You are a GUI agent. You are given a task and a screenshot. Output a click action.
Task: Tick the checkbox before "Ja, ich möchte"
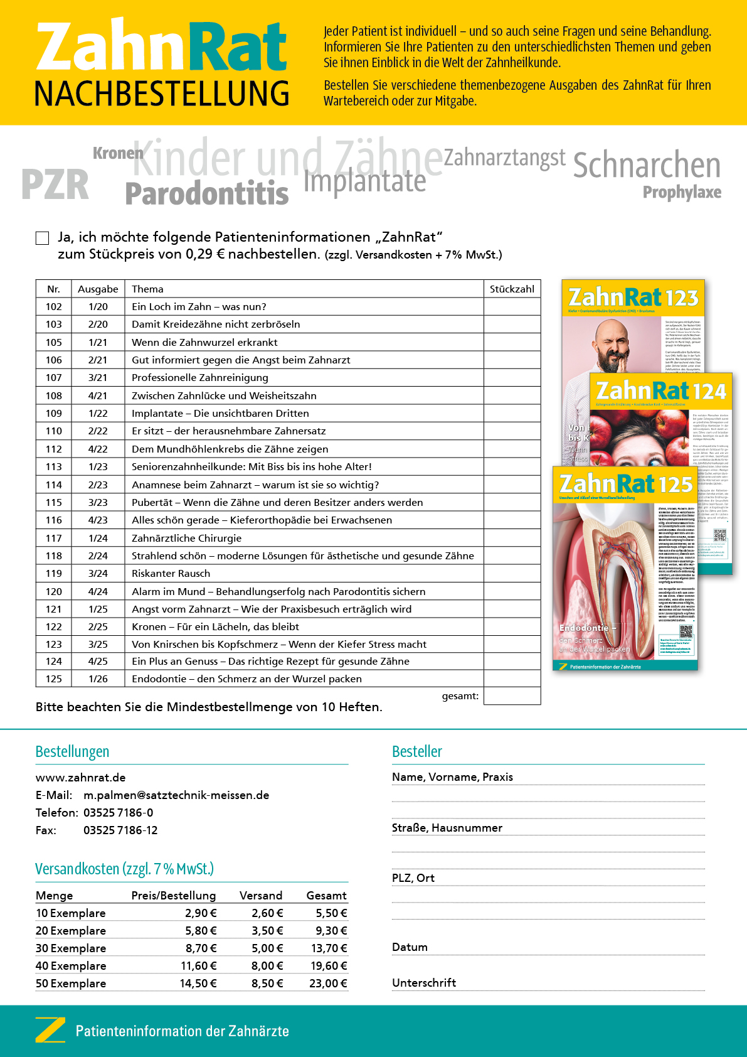click(x=42, y=238)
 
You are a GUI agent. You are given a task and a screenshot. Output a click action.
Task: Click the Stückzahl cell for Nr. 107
click(x=512, y=378)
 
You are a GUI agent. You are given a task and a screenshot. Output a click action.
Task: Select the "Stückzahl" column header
click(x=512, y=289)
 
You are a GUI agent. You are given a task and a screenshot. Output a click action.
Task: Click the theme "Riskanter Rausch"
click(x=171, y=574)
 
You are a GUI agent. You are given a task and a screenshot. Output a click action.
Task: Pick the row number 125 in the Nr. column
click(x=54, y=679)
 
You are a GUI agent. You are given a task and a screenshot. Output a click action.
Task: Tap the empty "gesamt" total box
click(x=512, y=696)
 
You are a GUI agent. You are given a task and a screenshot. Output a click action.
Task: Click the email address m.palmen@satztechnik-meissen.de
click(x=176, y=795)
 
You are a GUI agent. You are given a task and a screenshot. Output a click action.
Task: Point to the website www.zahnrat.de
click(x=81, y=778)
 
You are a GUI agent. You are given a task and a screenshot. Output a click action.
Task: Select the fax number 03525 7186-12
click(x=120, y=830)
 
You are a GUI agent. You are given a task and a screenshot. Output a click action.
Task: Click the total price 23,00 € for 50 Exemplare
click(x=328, y=984)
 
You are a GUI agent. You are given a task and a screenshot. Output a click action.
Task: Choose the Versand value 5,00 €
click(x=268, y=948)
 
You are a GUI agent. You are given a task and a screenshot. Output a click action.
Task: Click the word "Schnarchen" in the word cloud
click(x=646, y=166)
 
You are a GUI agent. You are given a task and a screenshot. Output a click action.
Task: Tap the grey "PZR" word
click(x=55, y=185)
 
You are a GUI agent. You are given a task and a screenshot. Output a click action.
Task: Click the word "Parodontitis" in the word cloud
click(x=207, y=193)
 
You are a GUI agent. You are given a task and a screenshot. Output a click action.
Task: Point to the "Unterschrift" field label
click(x=424, y=983)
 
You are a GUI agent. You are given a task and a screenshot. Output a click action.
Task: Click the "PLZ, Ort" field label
click(x=413, y=878)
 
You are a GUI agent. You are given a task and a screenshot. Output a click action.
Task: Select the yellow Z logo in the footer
click(x=50, y=1031)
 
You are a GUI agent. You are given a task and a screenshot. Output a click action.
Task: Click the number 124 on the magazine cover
click(x=709, y=392)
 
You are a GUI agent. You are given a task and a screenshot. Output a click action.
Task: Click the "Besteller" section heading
click(x=417, y=751)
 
